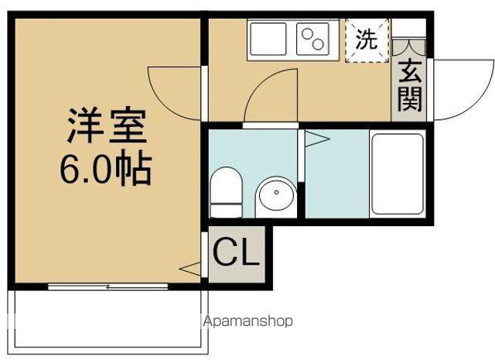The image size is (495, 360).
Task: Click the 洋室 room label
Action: (x=107, y=125)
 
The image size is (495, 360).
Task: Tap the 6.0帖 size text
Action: (x=106, y=168)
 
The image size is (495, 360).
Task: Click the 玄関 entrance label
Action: (x=410, y=86)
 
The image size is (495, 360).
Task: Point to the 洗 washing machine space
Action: (x=367, y=40)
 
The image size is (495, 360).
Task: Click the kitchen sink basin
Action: (x=268, y=39)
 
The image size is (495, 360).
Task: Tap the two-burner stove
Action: (x=312, y=39)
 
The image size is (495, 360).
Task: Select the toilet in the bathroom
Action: (x=226, y=192)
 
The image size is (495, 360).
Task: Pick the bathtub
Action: (x=398, y=174)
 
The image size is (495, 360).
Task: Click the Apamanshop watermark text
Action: (x=247, y=321)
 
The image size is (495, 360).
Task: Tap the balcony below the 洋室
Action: (x=108, y=322)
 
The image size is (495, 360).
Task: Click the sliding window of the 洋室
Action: (x=108, y=286)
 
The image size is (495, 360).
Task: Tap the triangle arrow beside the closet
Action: (x=190, y=269)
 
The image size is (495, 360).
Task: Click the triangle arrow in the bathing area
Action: (x=317, y=139)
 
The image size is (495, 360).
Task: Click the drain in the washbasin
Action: (x=277, y=192)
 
